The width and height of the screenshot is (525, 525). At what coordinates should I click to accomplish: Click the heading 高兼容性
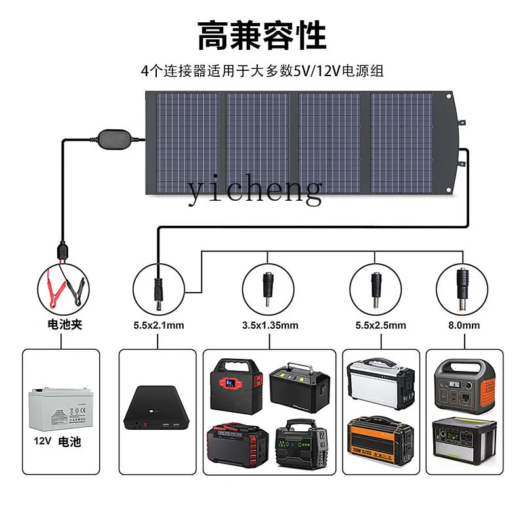click(262, 36)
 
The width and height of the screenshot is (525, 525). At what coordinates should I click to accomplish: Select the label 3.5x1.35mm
click(270, 325)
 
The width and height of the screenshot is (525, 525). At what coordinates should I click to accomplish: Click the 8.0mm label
click(464, 325)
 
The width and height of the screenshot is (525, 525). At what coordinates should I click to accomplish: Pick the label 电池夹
click(66, 325)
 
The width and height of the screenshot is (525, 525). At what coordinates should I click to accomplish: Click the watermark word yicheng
click(255, 190)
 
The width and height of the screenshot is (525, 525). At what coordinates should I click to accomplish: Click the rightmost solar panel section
click(402, 141)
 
